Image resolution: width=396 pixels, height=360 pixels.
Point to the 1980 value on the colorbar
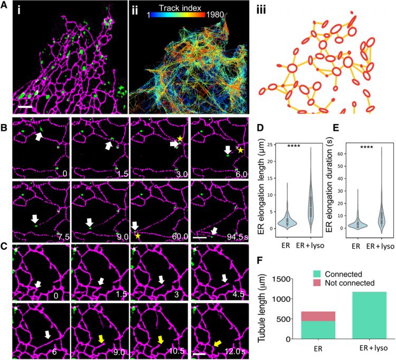[x=214, y=15]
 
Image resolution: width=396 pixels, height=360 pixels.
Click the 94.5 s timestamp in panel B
[x=239, y=236]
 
